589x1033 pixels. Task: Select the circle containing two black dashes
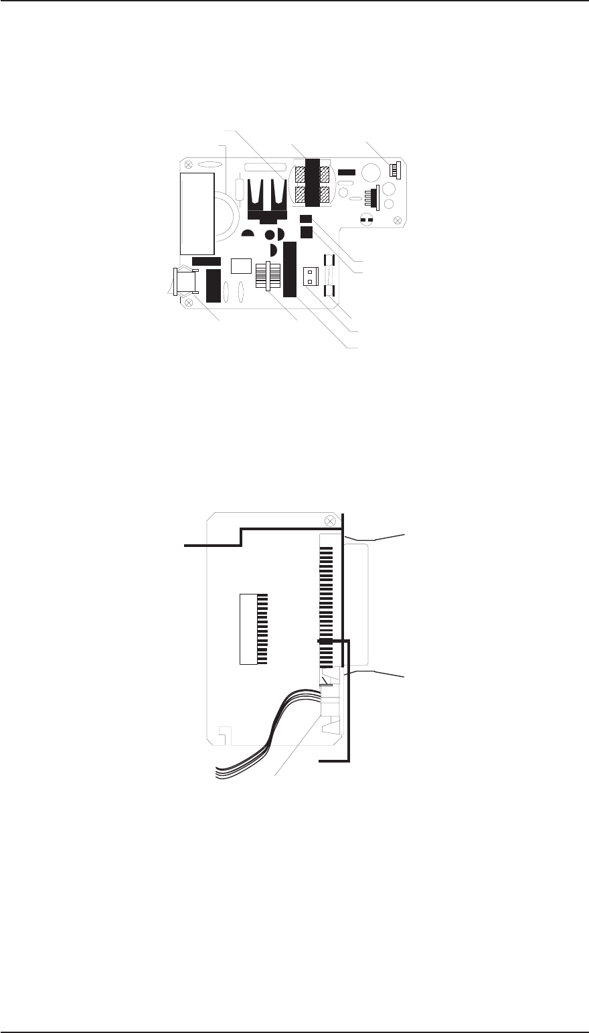365,219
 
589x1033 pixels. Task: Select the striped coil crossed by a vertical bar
266,276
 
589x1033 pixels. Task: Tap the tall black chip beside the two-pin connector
289,270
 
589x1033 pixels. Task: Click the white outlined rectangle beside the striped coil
240,266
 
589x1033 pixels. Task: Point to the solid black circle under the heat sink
270,235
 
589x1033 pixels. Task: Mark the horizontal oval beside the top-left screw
209,163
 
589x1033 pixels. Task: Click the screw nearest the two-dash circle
398,220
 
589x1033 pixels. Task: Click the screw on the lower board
329,521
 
